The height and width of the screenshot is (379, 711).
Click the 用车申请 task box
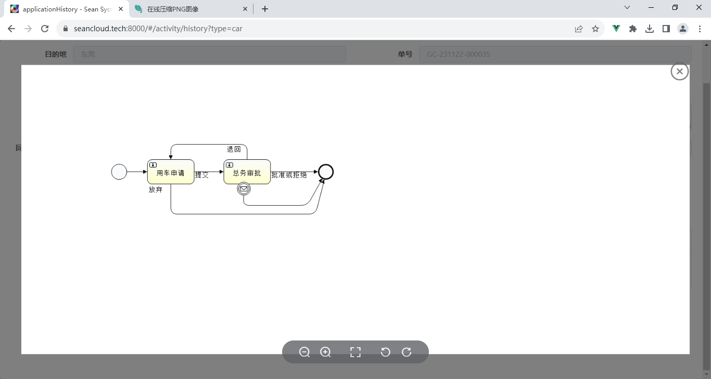pyautogui.click(x=171, y=172)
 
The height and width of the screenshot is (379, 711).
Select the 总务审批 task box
pyautogui.click(x=247, y=172)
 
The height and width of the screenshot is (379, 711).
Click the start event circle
pyautogui.click(x=119, y=172)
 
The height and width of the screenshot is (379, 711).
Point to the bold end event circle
pyautogui.click(x=326, y=172)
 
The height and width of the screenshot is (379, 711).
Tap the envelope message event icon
pyautogui.click(x=244, y=189)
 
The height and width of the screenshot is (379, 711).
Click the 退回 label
pyautogui.click(x=234, y=149)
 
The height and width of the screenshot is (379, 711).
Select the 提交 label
pyautogui.click(x=201, y=175)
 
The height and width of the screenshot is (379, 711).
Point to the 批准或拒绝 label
pyautogui.click(x=289, y=175)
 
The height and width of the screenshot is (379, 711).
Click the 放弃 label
pyautogui.click(x=156, y=189)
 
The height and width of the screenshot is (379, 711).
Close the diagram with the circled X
pyautogui.click(x=680, y=71)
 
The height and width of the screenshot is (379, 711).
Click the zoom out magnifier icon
pyautogui.click(x=304, y=352)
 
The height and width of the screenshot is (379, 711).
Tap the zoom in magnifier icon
pyautogui.click(x=325, y=352)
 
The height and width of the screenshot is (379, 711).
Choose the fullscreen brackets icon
pyautogui.click(x=355, y=352)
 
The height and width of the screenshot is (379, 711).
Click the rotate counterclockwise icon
pyautogui.click(x=385, y=352)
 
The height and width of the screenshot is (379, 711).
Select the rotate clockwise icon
pyautogui.click(x=407, y=352)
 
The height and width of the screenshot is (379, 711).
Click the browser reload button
pyautogui.click(x=45, y=29)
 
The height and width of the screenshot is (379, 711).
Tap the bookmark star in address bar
pyautogui.click(x=595, y=29)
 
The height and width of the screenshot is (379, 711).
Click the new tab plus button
pyautogui.click(x=265, y=9)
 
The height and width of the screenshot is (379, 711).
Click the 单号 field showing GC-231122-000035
pyautogui.click(x=555, y=54)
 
